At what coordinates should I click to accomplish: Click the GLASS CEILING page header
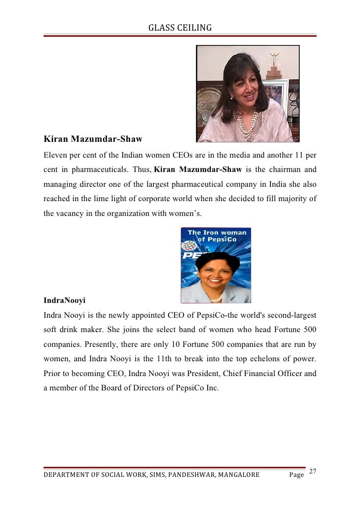pos(180,28)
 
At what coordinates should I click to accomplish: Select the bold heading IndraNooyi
pos(64,300)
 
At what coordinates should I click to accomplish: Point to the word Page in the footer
pos(297,475)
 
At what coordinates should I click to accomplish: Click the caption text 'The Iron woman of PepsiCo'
pos(216,236)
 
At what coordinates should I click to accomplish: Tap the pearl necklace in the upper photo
pos(246,124)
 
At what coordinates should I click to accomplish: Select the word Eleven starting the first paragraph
pos(55,155)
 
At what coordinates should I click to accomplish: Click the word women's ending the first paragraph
pos(187,213)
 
